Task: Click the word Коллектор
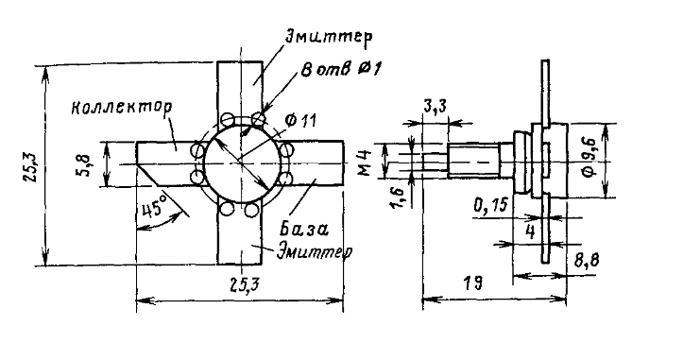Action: [x=122, y=107]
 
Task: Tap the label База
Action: [x=303, y=229]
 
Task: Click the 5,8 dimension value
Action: [x=85, y=164]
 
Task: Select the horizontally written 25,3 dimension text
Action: [x=244, y=284]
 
